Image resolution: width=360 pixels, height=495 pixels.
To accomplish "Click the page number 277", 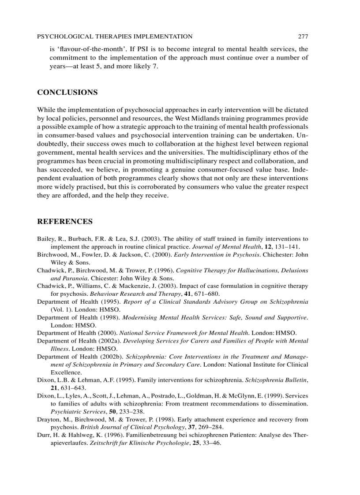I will (303, 37).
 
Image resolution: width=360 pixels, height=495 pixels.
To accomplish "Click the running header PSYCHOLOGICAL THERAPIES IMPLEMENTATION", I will (115, 37).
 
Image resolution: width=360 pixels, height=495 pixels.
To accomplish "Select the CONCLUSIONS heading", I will (67, 92).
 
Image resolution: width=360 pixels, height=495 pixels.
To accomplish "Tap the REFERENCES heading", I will (64, 221).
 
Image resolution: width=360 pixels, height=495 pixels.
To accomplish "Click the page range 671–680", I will (206, 294).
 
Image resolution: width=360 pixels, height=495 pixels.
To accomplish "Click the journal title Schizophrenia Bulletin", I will (276, 380).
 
